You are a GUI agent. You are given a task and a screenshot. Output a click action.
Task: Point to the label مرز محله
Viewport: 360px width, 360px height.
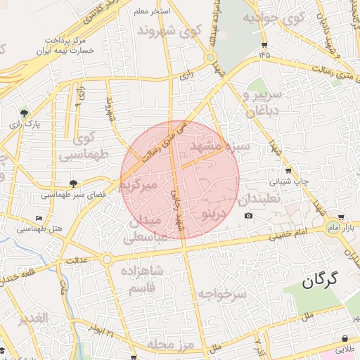[x=166, y=344]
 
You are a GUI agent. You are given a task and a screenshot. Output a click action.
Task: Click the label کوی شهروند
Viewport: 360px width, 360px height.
[x=169, y=31]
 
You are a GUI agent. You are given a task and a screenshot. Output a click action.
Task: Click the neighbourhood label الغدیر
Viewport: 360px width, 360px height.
[x=32, y=319]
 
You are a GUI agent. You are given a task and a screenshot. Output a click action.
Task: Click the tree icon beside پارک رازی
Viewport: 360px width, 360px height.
[x=25, y=112]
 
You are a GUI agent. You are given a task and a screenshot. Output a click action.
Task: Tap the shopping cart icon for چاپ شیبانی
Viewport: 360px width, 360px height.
[x=288, y=171]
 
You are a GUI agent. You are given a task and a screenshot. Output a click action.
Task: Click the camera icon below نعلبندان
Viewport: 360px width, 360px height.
[x=249, y=214]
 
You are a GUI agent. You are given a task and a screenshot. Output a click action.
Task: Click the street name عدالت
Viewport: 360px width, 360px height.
[x=76, y=261]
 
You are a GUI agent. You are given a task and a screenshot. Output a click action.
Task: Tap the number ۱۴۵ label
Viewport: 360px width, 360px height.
[x=264, y=54]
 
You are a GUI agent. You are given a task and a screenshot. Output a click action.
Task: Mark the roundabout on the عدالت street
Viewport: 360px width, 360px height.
[x=107, y=259]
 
